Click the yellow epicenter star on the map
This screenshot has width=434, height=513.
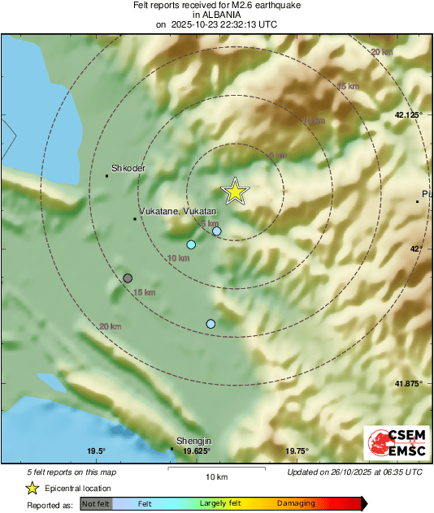tap(235, 192)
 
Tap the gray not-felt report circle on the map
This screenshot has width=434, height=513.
tap(128, 278)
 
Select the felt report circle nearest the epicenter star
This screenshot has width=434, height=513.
tap(217, 231)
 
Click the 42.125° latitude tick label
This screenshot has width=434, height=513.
tap(408, 114)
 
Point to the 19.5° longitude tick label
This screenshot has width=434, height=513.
tap(96, 451)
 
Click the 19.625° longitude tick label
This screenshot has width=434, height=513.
tap(196, 451)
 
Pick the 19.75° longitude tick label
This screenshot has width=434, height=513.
tap(297, 451)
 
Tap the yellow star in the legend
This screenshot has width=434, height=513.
tap(32, 488)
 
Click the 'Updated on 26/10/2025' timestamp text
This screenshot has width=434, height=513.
tap(354, 472)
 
